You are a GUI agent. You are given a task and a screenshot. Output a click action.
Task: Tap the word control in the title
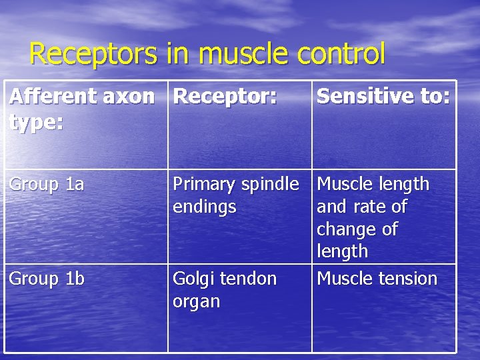coord(341,53)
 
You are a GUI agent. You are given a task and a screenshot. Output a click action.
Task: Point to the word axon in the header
coord(131,97)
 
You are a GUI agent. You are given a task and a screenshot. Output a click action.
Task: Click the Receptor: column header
coord(225,97)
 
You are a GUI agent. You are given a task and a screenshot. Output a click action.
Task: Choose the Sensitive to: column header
coord(384,97)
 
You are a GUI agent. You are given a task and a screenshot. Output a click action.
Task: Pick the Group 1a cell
coord(47,185)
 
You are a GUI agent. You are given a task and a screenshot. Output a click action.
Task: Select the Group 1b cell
coord(47,279)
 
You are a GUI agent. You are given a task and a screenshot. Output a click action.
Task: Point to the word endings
coord(204,207)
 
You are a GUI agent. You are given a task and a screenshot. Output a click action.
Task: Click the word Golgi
coord(193,279)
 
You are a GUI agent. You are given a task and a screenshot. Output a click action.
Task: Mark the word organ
coord(196,301)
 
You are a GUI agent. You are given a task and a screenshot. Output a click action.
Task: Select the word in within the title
coord(177,53)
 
